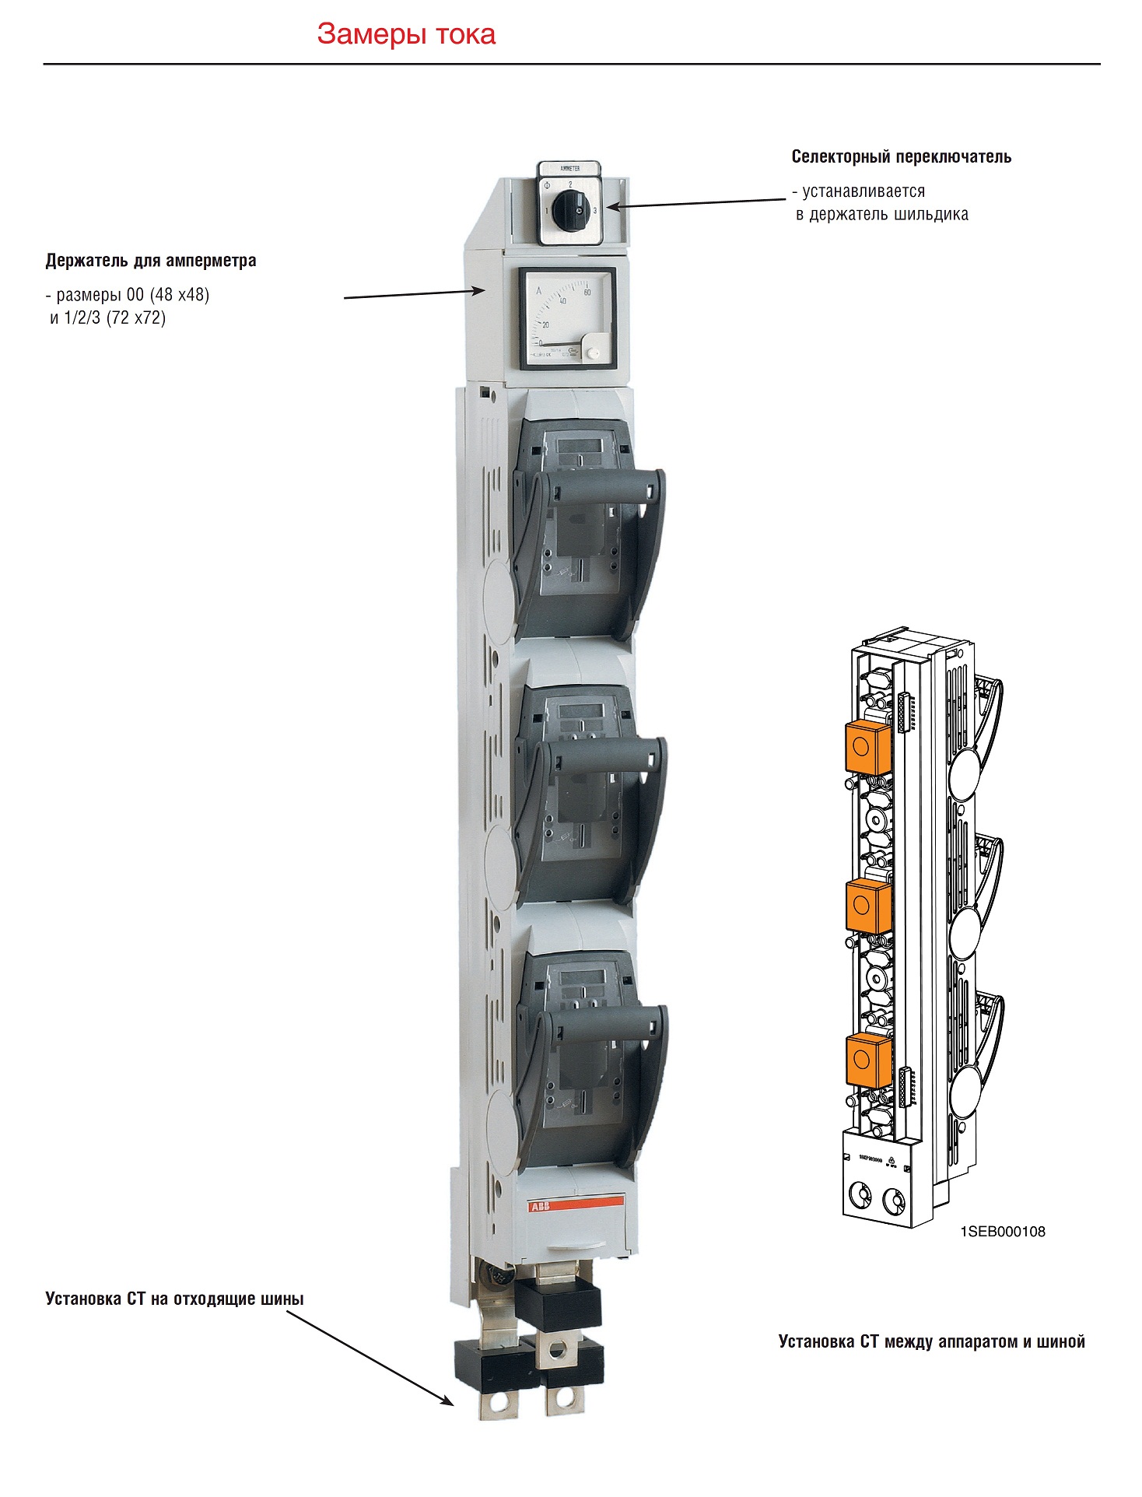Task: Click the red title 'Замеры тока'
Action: click(406, 34)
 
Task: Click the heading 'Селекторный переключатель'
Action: click(901, 157)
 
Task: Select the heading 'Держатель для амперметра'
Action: click(151, 261)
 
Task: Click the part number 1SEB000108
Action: click(1003, 1232)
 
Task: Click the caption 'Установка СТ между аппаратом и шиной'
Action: click(931, 1341)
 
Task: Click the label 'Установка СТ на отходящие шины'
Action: click(174, 1299)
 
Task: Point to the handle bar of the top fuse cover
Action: click(600, 489)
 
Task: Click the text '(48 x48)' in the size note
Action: click(180, 295)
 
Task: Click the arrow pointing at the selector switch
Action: click(696, 203)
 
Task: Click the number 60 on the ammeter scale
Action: click(587, 292)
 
